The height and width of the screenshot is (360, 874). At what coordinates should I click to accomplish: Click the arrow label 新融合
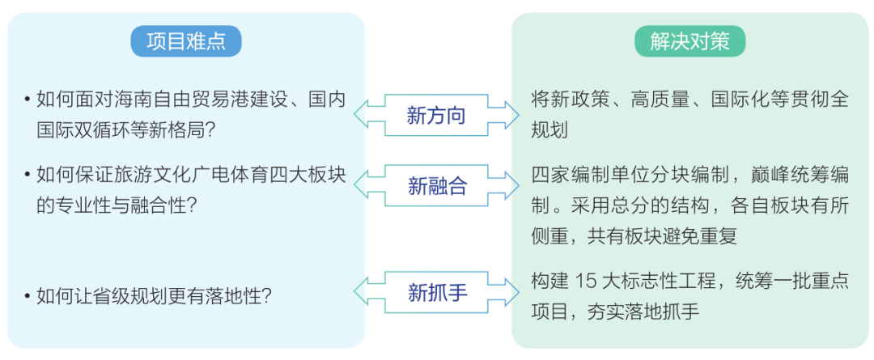pyautogui.click(x=437, y=187)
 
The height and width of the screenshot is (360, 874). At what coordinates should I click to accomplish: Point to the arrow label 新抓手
pyautogui.click(x=437, y=292)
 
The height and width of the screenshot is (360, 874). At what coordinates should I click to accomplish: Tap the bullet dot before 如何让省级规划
pyautogui.click(x=28, y=297)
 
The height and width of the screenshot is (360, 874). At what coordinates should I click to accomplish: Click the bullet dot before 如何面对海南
pyautogui.click(x=28, y=100)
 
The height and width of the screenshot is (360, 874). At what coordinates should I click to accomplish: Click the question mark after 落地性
pyautogui.click(x=265, y=297)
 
